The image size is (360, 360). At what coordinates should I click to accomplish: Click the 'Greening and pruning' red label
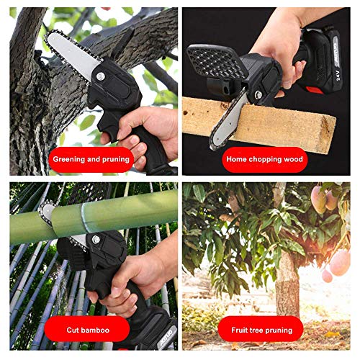(91, 160)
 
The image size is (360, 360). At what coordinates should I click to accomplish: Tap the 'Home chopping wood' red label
(264, 160)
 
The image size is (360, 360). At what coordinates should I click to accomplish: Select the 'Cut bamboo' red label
(88, 330)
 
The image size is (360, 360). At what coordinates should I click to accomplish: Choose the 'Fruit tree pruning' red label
(261, 330)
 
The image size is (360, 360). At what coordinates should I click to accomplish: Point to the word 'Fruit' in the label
(240, 330)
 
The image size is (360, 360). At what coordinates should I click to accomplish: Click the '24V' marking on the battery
(338, 76)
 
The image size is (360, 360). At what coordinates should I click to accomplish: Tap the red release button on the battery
(315, 90)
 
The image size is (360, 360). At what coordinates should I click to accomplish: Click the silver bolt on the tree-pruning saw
(101, 76)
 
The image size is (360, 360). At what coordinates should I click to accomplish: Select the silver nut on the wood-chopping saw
(258, 95)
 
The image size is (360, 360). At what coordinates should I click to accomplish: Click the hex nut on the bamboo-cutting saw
(96, 239)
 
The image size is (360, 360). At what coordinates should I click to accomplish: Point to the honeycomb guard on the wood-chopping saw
(217, 61)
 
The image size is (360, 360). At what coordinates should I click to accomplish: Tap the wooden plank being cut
(259, 125)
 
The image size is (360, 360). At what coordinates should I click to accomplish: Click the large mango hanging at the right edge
(340, 263)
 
